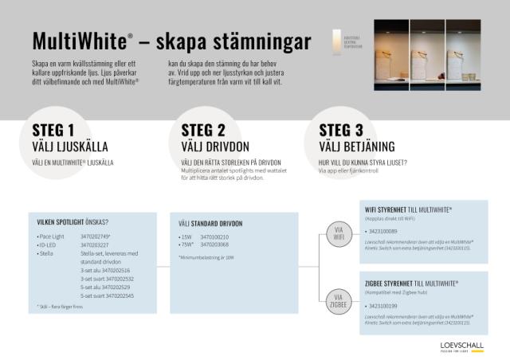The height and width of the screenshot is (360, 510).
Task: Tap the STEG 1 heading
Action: [x=53, y=131]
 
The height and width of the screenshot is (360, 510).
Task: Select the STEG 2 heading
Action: [x=203, y=131]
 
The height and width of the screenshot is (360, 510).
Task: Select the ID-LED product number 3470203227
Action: [x=96, y=245]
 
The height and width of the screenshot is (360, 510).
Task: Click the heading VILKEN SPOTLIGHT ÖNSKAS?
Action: [x=73, y=221]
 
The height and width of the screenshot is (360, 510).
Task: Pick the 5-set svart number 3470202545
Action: [x=107, y=295]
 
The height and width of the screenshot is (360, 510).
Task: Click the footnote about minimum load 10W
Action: [x=206, y=257]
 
